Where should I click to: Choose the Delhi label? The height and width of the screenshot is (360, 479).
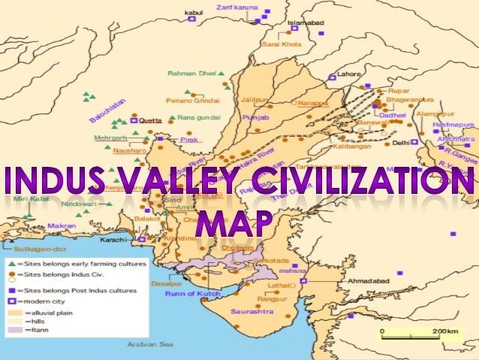pos(400,141)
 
